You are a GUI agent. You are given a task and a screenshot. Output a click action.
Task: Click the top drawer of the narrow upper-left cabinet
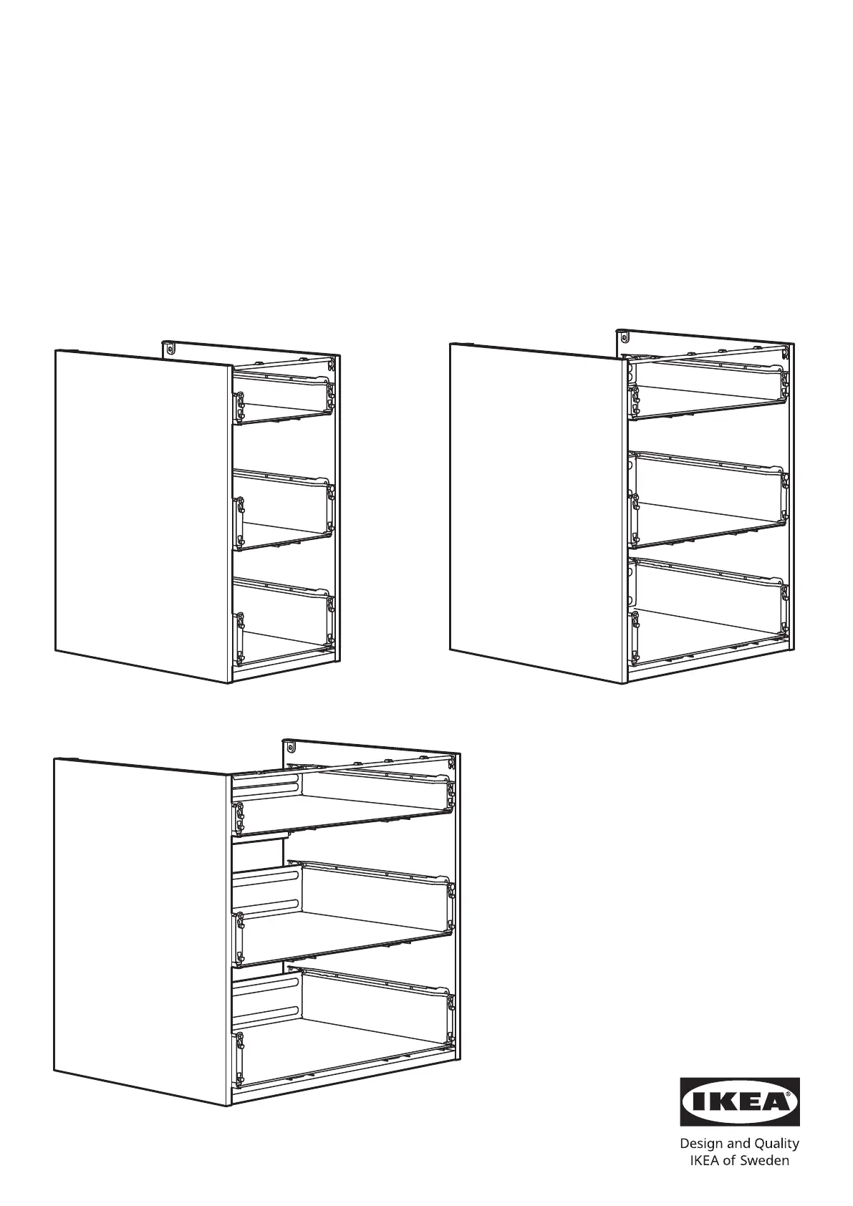tap(283, 397)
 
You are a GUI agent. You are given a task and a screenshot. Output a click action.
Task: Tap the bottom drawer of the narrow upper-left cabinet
tap(283, 622)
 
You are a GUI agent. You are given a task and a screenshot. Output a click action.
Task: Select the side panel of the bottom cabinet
tap(143, 932)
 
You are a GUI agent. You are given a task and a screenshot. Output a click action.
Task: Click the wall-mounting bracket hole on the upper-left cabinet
tap(170, 348)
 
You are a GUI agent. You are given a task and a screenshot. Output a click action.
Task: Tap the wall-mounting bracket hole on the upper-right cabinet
tap(624, 337)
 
